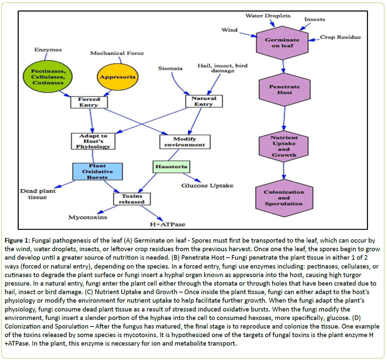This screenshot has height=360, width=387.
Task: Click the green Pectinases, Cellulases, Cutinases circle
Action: click(48, 77)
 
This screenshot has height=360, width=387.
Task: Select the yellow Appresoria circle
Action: click(117, 77)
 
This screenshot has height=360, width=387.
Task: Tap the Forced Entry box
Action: click(89, 102)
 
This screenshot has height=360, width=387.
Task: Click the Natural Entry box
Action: click(204, 101)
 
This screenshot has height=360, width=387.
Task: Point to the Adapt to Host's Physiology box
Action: click(93, 141)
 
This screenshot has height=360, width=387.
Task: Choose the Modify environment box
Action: click(184, 142)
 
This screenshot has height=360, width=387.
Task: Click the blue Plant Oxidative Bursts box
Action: click(97, 171)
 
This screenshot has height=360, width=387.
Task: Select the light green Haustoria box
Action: click(171, 167)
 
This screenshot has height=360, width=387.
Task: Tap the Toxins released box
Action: click(132, 199)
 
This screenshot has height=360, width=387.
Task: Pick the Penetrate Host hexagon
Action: click(284, 90)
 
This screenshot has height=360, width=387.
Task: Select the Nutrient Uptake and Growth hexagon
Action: click(284, 146)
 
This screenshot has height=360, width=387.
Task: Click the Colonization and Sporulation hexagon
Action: click(284, 198)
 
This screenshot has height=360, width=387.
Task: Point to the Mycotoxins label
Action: click(87, 217)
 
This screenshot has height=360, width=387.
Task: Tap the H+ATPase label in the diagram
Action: click(167, 225)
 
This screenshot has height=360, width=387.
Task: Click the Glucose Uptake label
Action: click(207, 186)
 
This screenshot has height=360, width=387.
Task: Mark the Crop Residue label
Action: click(340, 37)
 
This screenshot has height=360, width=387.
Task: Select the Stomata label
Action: click(170, 69)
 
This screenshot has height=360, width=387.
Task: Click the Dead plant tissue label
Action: click(38, 194)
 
